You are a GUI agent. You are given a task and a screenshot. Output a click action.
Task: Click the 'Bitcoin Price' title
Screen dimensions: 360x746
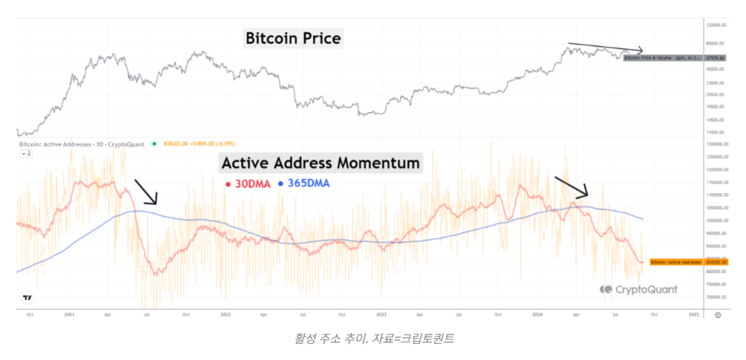(x=293, y=38)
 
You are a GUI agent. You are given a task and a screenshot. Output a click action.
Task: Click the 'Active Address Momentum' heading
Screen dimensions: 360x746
(x=321, y=163)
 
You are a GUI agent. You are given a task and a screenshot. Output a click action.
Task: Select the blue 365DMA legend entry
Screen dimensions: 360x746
(x=304, y=184)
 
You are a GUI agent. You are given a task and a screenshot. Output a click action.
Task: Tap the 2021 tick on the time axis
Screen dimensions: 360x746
(x=69, y=315)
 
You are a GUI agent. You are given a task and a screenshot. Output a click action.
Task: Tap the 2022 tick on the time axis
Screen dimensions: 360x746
(x=225, y=315)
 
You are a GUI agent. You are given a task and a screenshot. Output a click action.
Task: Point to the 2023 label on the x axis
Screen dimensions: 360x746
(x=381, y=315)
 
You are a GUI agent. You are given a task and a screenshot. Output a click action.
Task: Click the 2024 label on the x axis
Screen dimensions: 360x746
(x=537, y=315)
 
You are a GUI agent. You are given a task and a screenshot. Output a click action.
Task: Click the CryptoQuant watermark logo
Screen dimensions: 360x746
(x=639, y=289)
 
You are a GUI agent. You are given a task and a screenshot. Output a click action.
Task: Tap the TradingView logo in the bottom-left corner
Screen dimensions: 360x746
(x=27, y=298)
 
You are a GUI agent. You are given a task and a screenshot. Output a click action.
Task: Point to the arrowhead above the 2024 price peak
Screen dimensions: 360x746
(x=639, y=50)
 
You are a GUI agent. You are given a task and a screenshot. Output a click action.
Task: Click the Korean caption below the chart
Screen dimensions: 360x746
(x=374, y=338)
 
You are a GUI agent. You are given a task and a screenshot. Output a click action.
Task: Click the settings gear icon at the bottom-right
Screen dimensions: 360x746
(x=718, y=315)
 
